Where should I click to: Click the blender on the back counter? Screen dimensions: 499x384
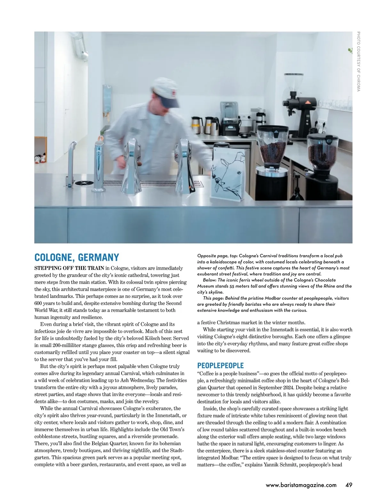(x=229, y=119)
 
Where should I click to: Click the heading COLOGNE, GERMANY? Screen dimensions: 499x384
(x=76, y=258)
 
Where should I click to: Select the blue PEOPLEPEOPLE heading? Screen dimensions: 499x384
(x=220, y=365)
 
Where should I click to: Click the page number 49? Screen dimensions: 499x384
(x=348, y=485)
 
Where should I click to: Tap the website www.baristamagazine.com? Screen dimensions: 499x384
(x=301, y=485)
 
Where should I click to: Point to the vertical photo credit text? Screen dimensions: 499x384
(x=358, y=61)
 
